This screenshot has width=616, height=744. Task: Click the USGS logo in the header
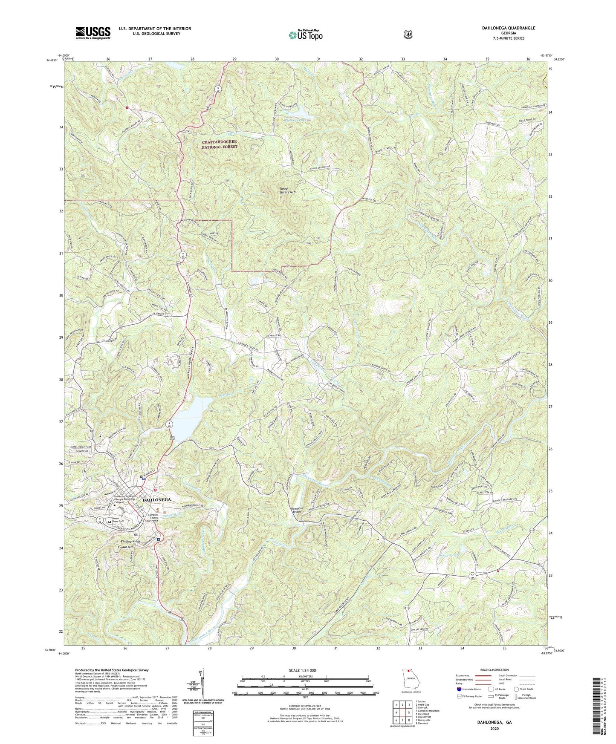pos(93,32)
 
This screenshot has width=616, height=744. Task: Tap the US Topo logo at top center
pos(305,35)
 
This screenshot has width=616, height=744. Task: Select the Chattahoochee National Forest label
pos(219,144)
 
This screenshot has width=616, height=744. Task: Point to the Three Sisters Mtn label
pos(287,190)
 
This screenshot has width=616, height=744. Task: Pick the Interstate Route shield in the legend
pos(459,689)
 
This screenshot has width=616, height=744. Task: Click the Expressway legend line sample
pos(484,676)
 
